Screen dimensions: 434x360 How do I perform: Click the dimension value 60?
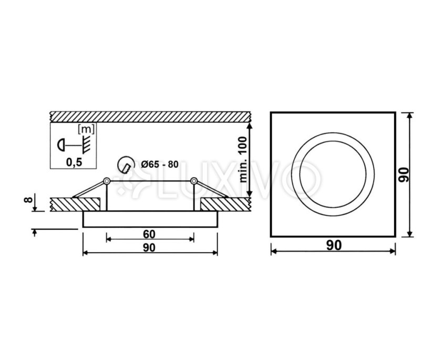[149, 234]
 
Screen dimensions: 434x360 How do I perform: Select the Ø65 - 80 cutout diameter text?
[159, 164]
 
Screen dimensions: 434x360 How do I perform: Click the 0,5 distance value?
[74, 162]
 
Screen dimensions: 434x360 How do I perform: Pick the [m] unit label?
[86, 129]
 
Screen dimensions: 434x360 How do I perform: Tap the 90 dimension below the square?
[334, 245]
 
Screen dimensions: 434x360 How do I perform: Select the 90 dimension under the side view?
[149, 248]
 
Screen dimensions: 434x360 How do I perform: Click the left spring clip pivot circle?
[107, 181]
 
